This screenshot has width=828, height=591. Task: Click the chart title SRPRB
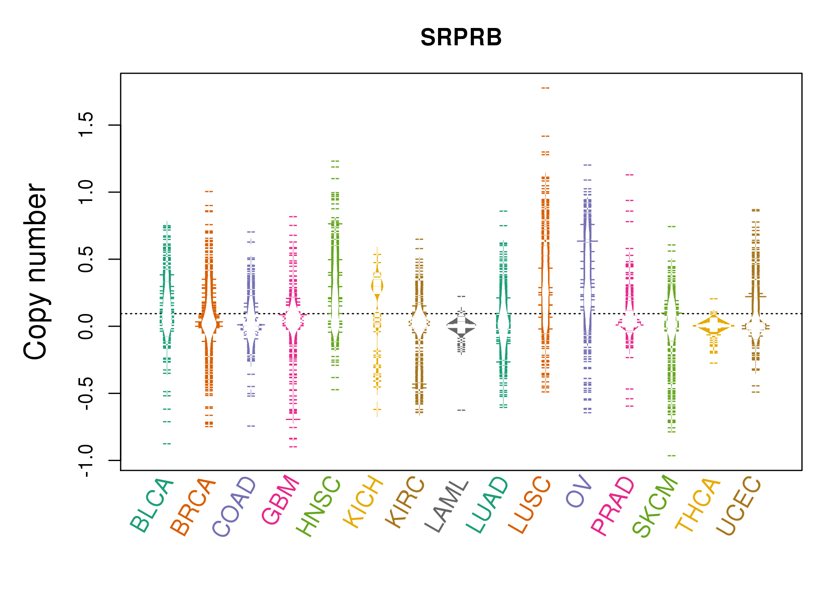tap(461, 37)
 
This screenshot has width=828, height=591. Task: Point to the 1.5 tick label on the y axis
tap(86, 125)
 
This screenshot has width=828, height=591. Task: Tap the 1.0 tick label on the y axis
tap(86, 192)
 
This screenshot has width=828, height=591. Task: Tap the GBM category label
tap(281, 500)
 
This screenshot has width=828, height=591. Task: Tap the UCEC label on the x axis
tap(738, 506)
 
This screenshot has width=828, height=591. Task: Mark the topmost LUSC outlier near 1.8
tap(545, 88)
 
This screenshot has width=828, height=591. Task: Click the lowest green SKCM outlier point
tap(671, 455)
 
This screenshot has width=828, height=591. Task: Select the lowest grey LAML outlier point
tap(461, 410)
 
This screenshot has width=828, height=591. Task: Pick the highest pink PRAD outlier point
tap(630, 175)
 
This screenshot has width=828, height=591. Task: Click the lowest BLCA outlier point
tap(167, 444)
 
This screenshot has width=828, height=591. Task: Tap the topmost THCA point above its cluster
tap(714, 299)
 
